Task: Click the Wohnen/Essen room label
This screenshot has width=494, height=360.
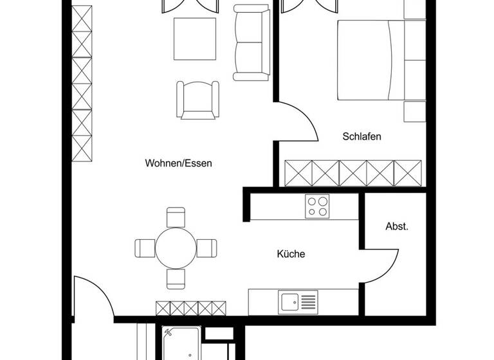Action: pos(178,163)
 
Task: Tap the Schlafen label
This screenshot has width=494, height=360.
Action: pos(362,136)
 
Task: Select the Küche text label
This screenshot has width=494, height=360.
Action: pos(291,254)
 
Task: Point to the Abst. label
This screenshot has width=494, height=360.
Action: pos(397,226)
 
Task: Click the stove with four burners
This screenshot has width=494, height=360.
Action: pos(317,207)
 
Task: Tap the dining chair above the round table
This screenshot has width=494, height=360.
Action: pos(176,217)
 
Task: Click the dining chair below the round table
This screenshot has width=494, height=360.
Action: pos(176,278)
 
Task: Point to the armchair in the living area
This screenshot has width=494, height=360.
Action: pos(198,100)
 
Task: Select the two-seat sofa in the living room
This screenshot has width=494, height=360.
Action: pos(251,44)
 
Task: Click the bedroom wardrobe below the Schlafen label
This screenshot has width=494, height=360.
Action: pos(352,173)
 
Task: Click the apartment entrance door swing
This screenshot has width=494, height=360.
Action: pos(93,297)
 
